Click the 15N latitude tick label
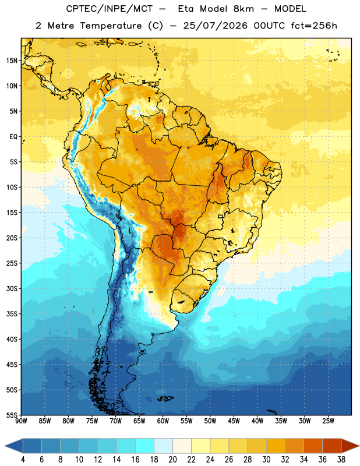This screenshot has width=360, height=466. (x=12, y=61)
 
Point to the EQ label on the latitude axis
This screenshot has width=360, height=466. (x=13, y=137)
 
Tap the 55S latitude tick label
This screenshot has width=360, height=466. (x=12, y=415)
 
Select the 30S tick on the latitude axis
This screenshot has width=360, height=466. (x=12, y=288)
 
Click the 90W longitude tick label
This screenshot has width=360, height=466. (x=21, y=421)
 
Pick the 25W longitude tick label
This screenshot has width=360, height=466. (x=328, y=421)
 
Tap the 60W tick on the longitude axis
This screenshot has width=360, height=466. (x=163, y=421)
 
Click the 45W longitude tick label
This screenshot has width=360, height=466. (x=234, y=421)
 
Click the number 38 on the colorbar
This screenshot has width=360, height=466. (x=341, y=460)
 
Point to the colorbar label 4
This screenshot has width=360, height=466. (x=23, y=460)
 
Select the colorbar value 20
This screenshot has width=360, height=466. (x=172, y=460)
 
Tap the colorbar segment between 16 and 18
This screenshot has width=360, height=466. (x=145, y=446)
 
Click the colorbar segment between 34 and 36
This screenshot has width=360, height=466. (x=313, y=446)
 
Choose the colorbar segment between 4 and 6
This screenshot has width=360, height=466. (x=33, y=446)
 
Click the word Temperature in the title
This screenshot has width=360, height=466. (x=111, y=26)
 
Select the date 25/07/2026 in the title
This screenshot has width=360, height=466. (x=215, y=26)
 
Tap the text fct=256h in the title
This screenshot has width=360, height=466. (x=314, y=26)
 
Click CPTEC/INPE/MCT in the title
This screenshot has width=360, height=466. (x=109, y=9)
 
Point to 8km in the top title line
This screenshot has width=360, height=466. (x=243, y=9)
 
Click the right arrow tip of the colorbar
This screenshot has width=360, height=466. (x=359, y=446)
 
